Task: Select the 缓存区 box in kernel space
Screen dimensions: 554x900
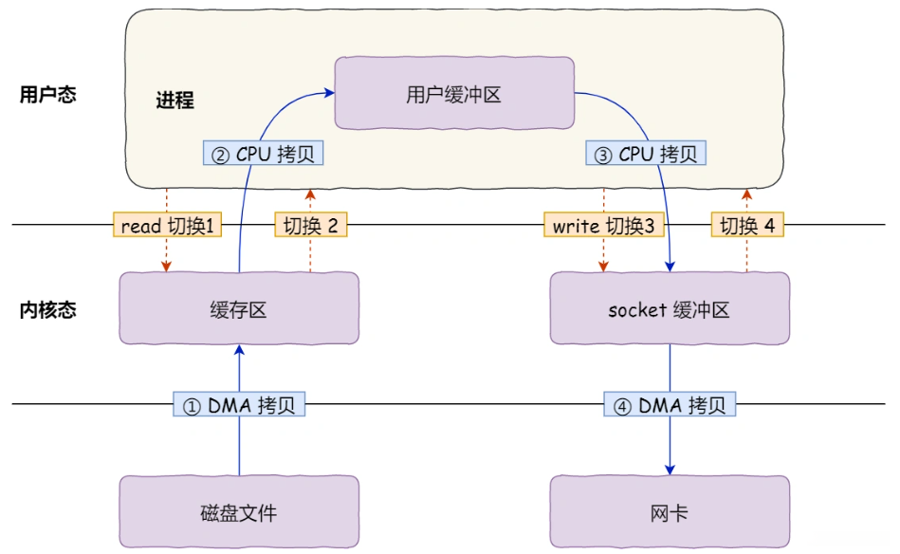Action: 239,309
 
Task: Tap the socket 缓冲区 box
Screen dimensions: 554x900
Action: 670,309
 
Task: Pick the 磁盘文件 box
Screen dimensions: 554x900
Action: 239,513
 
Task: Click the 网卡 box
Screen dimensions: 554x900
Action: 670,513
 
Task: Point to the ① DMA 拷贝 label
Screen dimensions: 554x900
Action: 239,405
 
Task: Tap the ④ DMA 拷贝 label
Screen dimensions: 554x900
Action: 670,405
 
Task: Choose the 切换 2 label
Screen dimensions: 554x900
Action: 311,225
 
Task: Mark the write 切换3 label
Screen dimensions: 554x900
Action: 604,225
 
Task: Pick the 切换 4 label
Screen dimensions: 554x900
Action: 747,225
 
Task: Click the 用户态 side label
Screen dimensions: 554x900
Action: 47,95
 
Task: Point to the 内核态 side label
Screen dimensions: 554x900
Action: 47,309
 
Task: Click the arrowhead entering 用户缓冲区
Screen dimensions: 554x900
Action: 329,92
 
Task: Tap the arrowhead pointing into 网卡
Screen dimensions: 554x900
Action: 670,469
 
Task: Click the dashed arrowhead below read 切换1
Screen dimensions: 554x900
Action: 167,268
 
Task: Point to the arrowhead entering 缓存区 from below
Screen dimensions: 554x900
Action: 239,351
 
